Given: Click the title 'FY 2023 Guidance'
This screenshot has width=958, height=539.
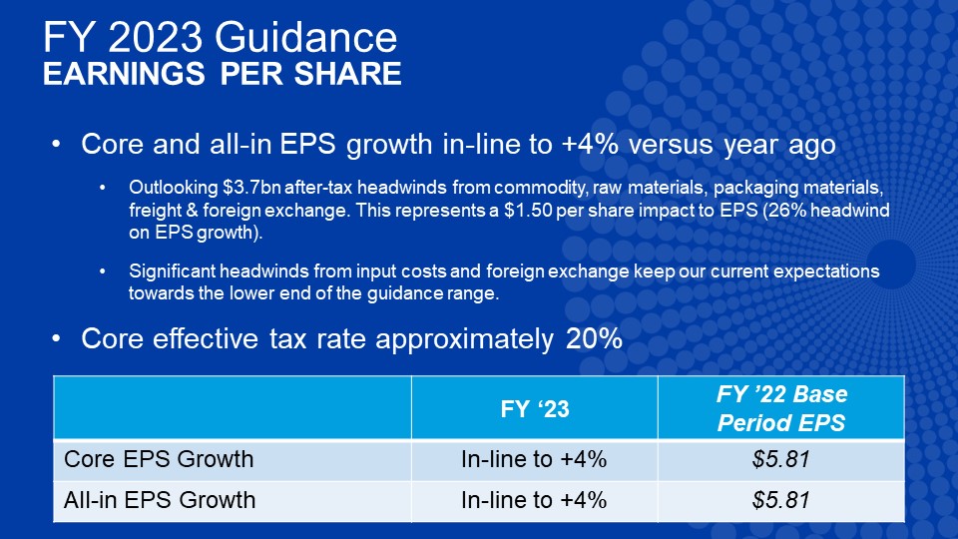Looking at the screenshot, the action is click(220, 37).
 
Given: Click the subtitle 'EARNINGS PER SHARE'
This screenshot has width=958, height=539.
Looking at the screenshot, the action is click(223, 74).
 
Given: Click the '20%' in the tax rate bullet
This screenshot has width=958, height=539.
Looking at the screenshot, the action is click(594, 338).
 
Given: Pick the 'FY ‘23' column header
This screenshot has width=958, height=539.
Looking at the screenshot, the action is click(535, 409).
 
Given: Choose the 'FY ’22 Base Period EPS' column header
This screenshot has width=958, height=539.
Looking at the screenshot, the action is click(781, 408).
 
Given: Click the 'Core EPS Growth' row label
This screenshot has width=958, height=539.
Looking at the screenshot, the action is click(159, 459).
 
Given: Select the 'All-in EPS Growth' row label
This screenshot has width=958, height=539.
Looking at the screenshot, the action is click(160, 500).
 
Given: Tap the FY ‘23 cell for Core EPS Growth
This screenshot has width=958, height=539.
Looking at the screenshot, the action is click(534, 459).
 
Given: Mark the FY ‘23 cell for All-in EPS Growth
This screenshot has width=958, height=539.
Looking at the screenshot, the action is click(534, 500).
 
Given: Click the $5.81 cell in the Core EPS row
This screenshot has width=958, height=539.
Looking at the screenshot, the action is click(781, 459).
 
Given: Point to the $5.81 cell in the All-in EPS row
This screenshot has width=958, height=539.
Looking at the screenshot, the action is click(781, 500).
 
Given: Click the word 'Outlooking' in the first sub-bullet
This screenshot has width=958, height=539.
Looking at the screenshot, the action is click(174, 188).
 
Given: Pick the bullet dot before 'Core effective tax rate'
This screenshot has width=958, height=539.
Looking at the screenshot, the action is click(56, 338).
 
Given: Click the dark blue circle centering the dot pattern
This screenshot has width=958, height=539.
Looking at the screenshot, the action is click(891, 264).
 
